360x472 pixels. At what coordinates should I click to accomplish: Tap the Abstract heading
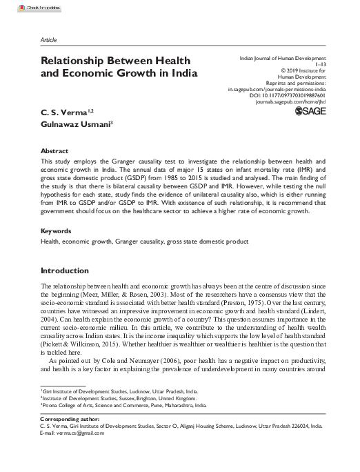click(54, 150)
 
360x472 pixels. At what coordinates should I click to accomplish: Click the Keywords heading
click(57, 230)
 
